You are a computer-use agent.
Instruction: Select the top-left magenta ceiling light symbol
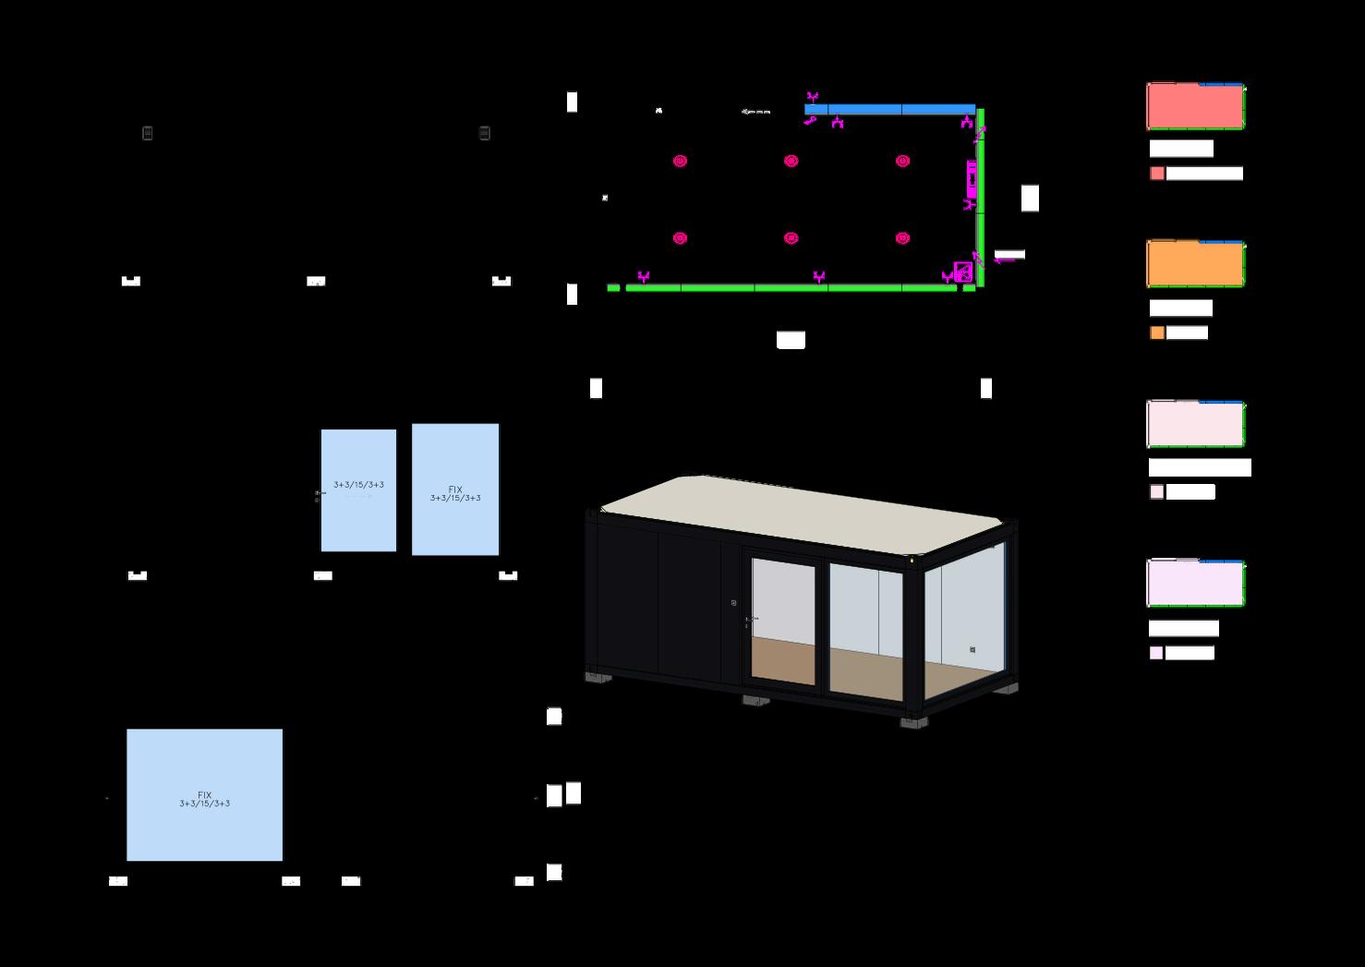point(681,161)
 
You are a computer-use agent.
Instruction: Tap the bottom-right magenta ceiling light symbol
point(902,238)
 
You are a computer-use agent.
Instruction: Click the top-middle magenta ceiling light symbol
point(791,161)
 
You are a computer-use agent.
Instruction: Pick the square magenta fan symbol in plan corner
point(963,272)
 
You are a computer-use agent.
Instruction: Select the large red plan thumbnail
point(1195,106)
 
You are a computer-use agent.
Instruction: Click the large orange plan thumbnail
point(1195,264)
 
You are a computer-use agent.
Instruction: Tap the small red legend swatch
point(1157,174)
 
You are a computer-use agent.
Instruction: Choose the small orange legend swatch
point(1157,333)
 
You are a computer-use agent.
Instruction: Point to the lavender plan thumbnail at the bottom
point(1195,583)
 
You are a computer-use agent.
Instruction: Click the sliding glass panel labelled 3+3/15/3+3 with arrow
point(358,490)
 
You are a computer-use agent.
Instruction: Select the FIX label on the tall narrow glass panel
point(455,490)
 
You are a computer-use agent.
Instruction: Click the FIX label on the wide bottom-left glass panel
point(205,794)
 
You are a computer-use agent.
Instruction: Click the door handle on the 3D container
point(748,619)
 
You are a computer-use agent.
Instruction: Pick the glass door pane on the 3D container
point(783,619)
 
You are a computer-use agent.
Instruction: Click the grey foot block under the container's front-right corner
point(914,723)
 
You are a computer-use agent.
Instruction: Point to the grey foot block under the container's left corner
point(598,677)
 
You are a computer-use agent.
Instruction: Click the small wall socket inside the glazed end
point(972,649)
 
